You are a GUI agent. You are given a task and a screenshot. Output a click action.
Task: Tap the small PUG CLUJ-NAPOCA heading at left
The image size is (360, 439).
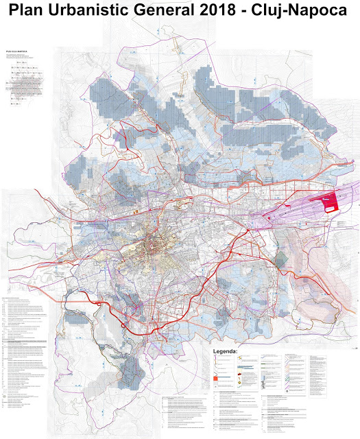[x=16, y=51]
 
